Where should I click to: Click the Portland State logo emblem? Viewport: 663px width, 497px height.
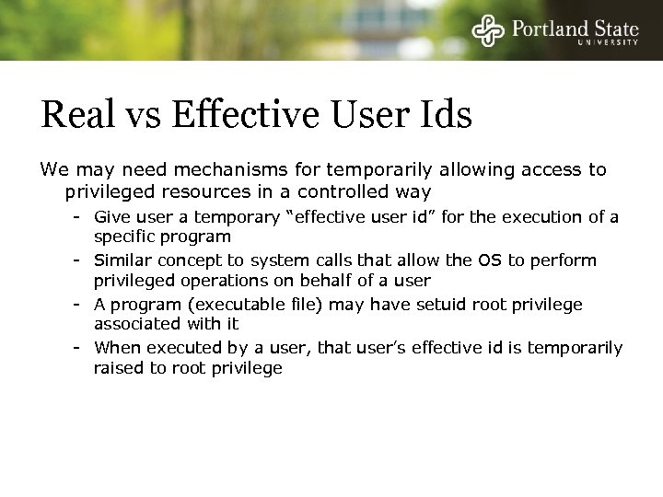point(487,31)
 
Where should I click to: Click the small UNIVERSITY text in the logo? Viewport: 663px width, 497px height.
point(605,43)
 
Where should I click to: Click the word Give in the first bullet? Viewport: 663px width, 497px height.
point(111,216)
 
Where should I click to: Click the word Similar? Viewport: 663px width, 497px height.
point(121,260)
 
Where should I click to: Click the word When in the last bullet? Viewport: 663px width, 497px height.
point(114,348)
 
